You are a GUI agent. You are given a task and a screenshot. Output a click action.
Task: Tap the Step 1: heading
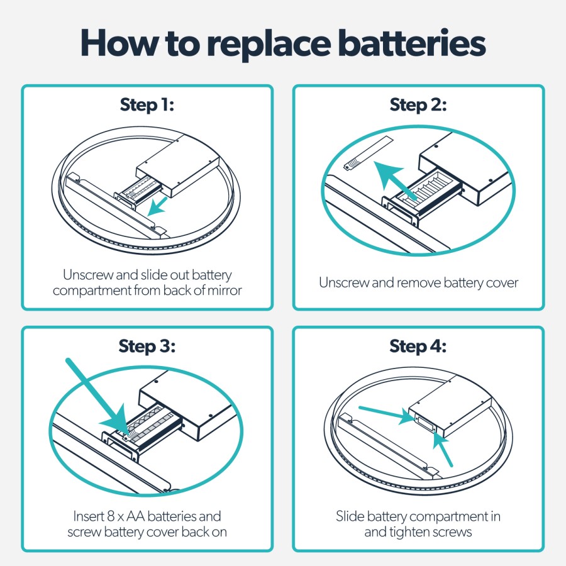coord(147,104)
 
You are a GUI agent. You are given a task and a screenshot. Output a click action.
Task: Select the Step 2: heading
coord(418,104)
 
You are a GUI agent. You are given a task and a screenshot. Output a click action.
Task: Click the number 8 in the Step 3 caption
coord(106,516)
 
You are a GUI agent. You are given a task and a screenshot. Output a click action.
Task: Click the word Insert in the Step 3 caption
coord(84,516)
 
